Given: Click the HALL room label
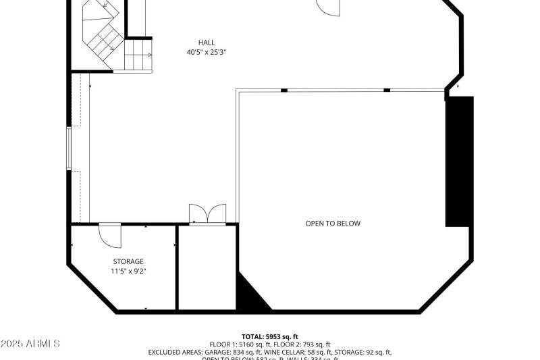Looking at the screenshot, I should coord(207,43).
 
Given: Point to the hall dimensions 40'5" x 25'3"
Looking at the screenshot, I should coord(207,52).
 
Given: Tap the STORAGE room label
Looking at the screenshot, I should coord(128,261).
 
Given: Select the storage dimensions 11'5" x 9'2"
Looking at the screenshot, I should coord(128,271).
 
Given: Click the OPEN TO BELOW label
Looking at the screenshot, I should coord(333,224).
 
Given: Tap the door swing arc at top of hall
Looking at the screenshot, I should coord(330,7).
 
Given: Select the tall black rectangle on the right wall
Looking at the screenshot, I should coord(459,161).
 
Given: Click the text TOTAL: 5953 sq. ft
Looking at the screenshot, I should coord(270,336).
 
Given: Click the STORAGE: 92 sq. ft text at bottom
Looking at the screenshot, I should coord(365,352).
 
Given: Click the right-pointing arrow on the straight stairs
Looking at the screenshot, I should coord(148,54).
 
